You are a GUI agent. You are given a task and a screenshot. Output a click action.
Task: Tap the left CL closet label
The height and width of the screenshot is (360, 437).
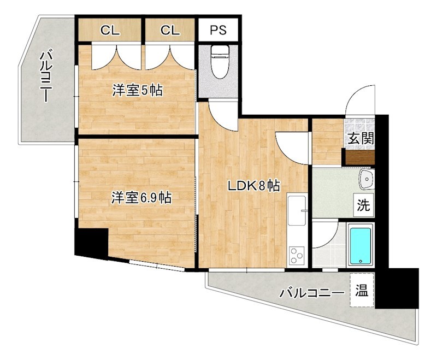(x=110, y=31)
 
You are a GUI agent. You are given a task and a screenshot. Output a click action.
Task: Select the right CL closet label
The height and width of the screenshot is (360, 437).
(x=170, y=31)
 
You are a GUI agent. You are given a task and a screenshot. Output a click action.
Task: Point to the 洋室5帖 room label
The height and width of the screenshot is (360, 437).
(x=137, y=91)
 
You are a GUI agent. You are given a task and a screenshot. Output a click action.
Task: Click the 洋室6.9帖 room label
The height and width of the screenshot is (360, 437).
(x=141, y=197)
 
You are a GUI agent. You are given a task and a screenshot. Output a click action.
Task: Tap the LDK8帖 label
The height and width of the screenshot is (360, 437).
(x=253, y=186)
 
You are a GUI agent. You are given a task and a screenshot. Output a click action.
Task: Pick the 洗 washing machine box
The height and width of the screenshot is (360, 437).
(x=363, y=206)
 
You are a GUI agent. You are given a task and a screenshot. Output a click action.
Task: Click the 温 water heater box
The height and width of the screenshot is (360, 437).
(x=362, y=290)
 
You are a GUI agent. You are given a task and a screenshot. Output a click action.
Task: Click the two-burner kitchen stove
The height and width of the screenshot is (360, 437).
(x=297, y=255)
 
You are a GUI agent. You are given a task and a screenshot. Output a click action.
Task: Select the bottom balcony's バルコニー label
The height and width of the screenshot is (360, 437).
(x=312, y=293)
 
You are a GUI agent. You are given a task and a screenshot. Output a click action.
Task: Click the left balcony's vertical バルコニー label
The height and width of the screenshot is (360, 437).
(x=46, y=76)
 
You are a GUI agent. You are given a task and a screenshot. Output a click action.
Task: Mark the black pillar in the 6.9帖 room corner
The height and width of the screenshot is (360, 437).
(x=91, y=243)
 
